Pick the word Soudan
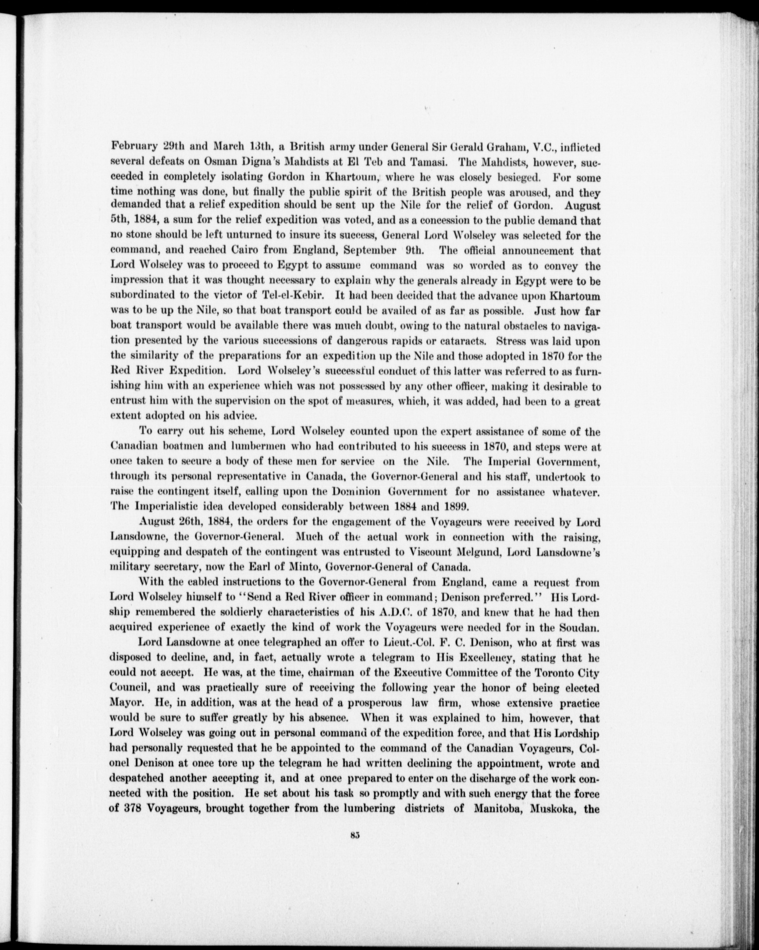(x=583, y=627)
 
